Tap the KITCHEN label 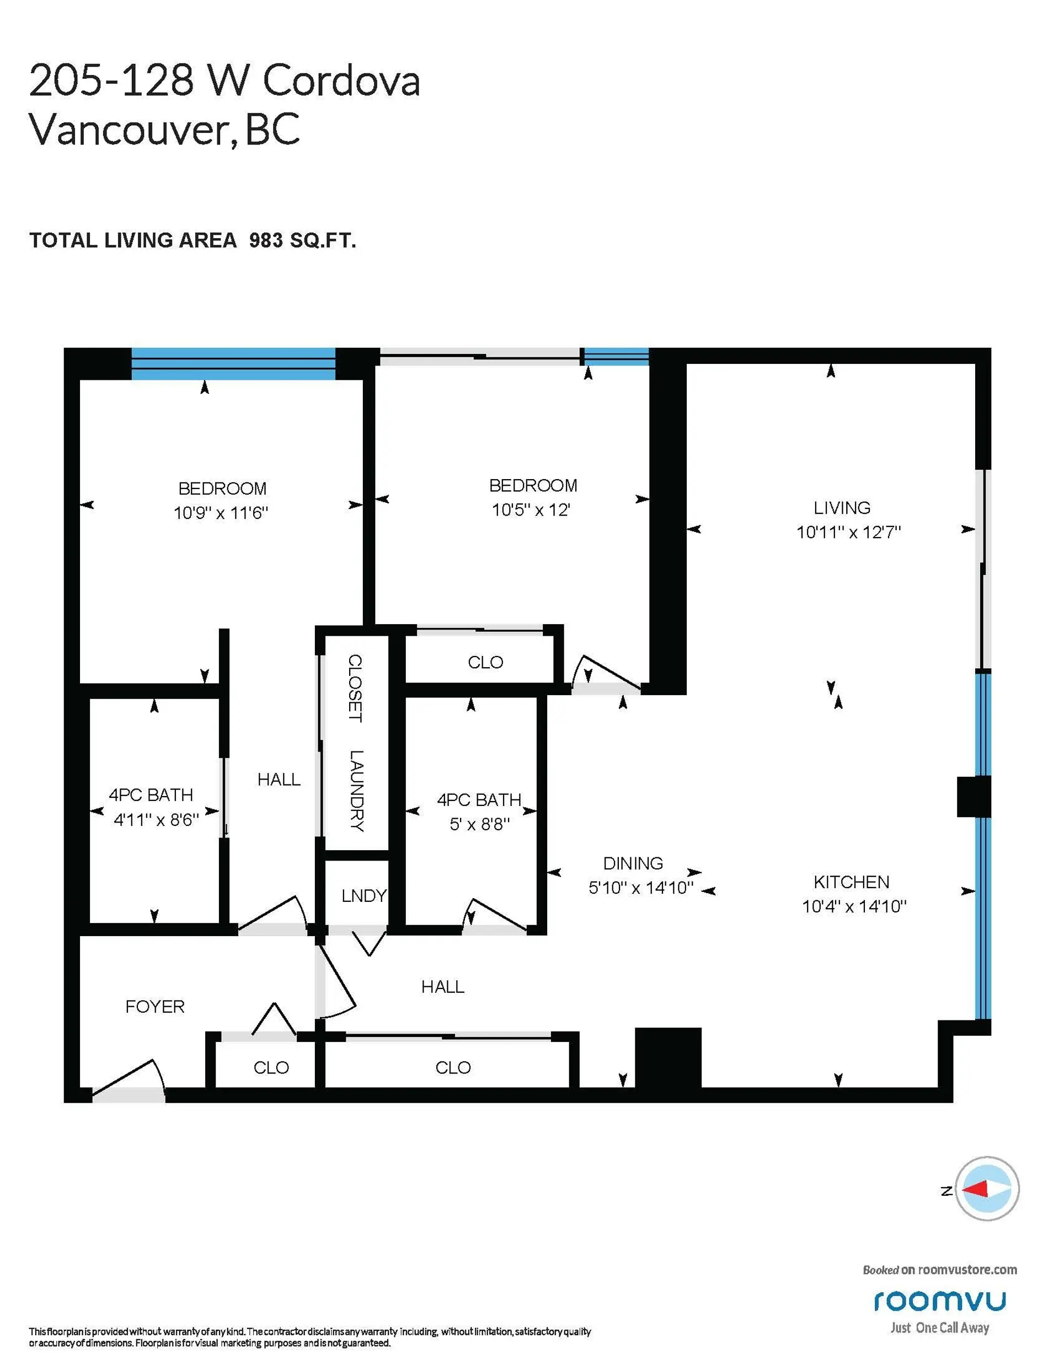click(851, 882)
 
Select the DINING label click(633, 863)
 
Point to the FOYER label click(154, 1007)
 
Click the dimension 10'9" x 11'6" click(221, 513)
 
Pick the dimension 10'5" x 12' click(531, 510)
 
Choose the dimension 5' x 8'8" click(479, 824)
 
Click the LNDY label click(364, 896)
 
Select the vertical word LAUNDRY click(356, 791)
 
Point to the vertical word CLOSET click(355, 688)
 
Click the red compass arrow click(975, 1189)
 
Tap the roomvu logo click(940, 1301)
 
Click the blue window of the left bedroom click(233, 364)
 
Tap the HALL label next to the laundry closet click(279, 779)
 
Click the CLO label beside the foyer click(271, 1068)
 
